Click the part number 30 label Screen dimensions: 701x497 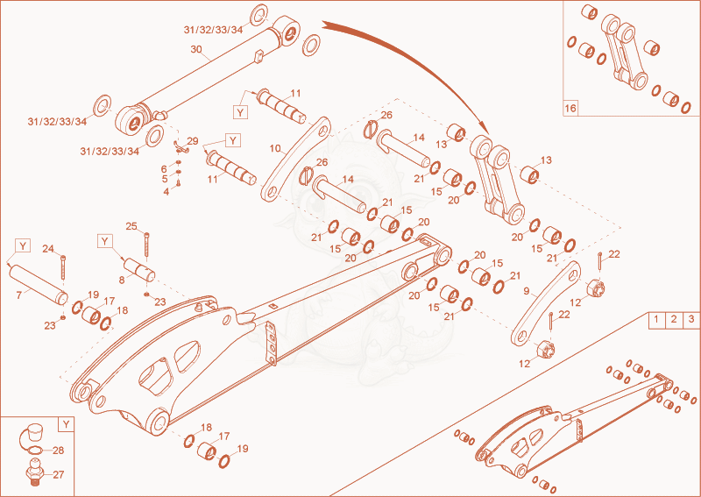click(196, 49)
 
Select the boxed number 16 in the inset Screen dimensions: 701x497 click(570, 109)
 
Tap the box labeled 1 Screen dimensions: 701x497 click(656, 320)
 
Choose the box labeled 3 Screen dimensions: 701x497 click(691, 320)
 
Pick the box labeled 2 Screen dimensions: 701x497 click(674, 320)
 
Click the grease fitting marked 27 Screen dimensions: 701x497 click(34, 472)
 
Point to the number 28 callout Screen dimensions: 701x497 click(59, 450)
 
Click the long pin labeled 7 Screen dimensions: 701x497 click(39, 284)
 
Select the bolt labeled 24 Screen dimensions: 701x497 click(62, 267)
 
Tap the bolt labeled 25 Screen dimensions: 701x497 click(146, 245)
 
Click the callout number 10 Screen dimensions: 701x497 click(275, 148)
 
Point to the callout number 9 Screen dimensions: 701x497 click(527, 291)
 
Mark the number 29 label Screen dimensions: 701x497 click(193, 141)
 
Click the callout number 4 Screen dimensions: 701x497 click(166, 192)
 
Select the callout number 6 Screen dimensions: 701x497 click(164, 168)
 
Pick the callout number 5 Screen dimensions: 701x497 click(165, 179)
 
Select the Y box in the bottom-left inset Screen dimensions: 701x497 click(67, 424)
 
